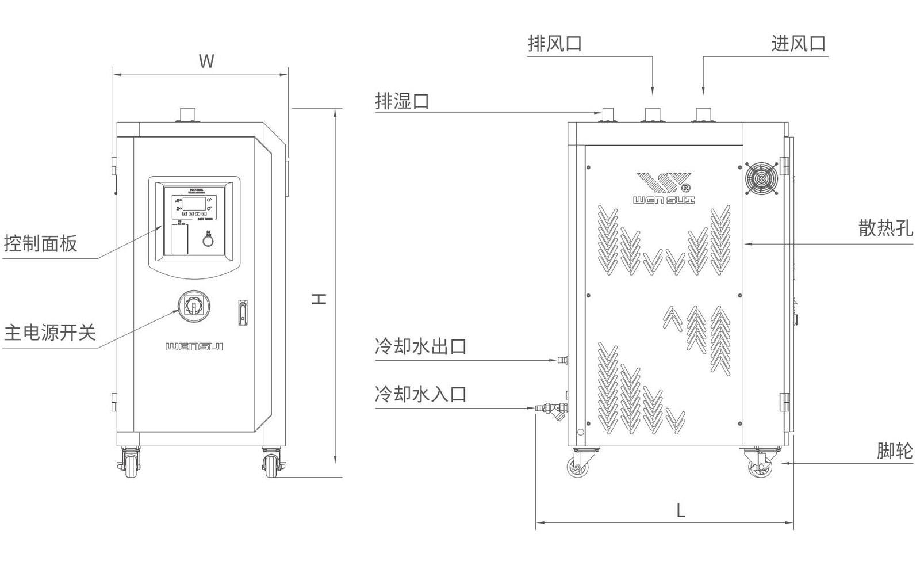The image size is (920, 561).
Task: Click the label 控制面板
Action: coord(40,243)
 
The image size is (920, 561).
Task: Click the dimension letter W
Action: coord(206,62)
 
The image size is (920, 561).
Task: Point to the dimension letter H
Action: coord(320,299)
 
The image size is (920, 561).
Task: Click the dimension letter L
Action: coord(680,510)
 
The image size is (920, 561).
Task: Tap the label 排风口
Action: coord(555,44)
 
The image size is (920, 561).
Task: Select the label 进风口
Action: coord(799,44)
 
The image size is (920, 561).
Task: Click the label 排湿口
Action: coord(402,102)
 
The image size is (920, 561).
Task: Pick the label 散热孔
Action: coord(885,228)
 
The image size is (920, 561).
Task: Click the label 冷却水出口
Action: coord(420,347)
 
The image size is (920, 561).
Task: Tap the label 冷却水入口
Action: coord(420,395)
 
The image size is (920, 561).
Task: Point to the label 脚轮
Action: coord(895,451)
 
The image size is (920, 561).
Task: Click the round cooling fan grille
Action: coord(761,178)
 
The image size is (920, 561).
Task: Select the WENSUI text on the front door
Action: coord(194,346)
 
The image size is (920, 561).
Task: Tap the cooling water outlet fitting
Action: coord(562,360)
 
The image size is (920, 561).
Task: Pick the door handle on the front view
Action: coord(242,312)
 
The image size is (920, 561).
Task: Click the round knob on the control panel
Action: coord(208,241)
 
